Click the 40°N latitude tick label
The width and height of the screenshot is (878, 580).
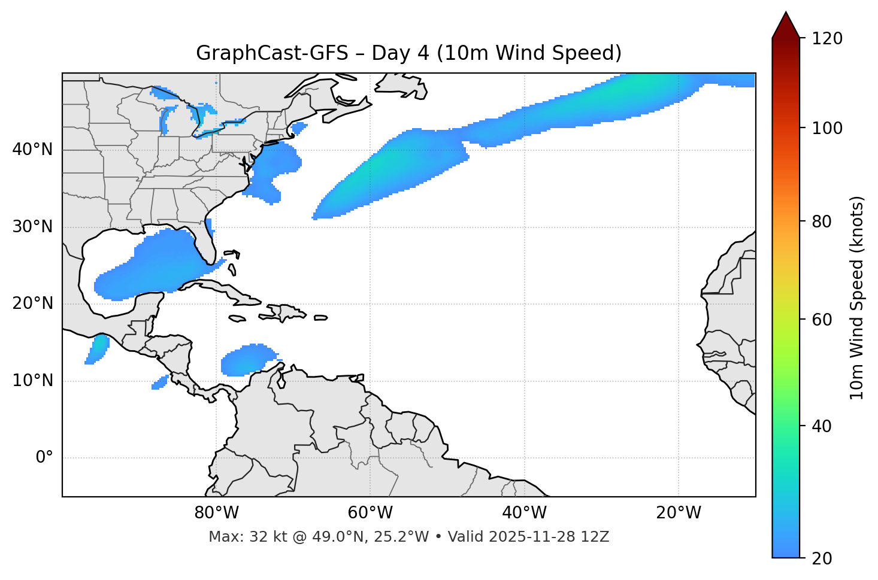point(32,150)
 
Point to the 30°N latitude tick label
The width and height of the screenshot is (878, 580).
point(32,227)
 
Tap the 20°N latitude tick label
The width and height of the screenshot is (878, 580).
point(32,303)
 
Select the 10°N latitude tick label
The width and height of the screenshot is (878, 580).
point(32,381)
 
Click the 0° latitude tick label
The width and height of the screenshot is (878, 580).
point(44,458)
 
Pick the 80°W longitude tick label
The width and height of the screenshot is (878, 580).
point(216,513)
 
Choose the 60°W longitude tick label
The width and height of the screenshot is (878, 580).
point(370,513)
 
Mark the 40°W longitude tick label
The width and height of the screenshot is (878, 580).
point(524,513)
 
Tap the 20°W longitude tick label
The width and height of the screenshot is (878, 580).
point(678,513)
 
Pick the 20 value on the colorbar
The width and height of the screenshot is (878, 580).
point(822,558)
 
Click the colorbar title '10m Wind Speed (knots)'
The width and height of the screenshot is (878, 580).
point(857,298)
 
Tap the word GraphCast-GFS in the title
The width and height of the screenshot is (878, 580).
point(272,53)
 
